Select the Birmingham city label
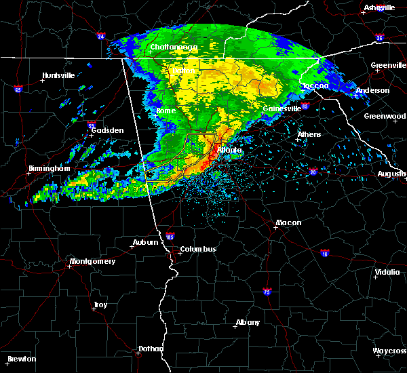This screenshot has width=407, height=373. pos(50,168)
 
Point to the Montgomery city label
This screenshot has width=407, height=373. pos(93,262)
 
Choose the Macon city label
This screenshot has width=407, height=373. pos(288,223)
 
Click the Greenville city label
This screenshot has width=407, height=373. pos(389,66)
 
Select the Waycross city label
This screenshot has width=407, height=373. pos(389,351)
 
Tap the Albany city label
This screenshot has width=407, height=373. pos(248,323)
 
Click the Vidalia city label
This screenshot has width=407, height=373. pos(387,273)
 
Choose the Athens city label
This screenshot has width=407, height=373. pos(309,134)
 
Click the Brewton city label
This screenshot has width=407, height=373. pos(22,359)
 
